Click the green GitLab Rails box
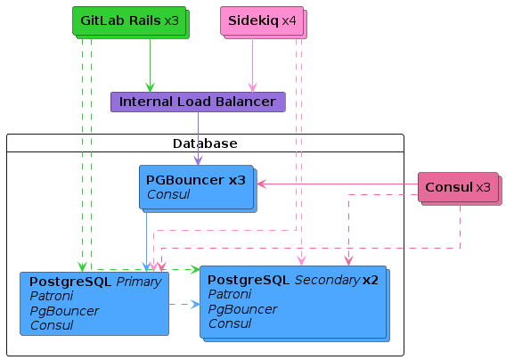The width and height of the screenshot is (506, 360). point(131,22)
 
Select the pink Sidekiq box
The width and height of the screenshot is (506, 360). point(264,22)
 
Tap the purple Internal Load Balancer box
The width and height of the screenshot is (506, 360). point(198,102)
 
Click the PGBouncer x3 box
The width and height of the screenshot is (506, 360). point(198,189)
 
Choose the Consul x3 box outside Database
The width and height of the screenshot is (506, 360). point(460,189)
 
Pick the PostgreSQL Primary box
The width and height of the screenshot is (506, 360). point(94,304)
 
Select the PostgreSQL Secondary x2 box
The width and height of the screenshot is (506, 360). point(295,304)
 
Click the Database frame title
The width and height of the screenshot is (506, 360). point(205,143)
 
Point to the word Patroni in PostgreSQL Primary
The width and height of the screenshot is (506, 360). point(52,296)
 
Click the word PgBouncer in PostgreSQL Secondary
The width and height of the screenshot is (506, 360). point(242,309)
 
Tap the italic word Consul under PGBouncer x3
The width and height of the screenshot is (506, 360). point(168,194)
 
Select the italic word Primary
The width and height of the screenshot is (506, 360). point(139,282)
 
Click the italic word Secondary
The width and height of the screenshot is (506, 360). point(327,280)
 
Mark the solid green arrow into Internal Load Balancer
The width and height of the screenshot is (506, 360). point(150,66)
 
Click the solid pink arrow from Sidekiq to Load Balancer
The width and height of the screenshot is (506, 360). point(252,66)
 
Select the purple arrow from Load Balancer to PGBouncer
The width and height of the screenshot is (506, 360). point(198,139)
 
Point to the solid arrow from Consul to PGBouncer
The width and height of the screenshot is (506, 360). point(338,184)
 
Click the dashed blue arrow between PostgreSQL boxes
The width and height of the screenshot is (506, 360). point(184,304)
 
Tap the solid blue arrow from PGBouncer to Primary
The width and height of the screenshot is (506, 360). point(146,242)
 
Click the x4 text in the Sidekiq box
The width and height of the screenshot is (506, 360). point(289,21)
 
